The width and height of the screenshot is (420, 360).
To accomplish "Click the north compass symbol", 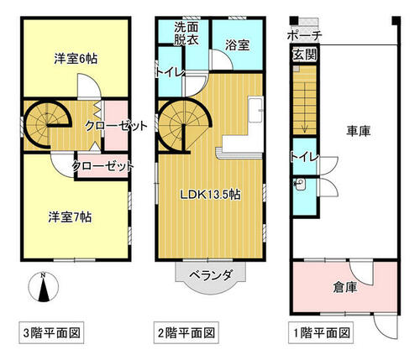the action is click(44, 287).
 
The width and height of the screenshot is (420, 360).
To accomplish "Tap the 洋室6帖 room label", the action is click(76, 59).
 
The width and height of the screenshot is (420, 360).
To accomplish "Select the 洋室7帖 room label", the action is click(70, 217).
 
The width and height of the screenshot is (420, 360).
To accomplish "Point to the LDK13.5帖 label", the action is click(210, 195).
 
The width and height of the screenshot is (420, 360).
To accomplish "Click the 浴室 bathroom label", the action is click(238, 45).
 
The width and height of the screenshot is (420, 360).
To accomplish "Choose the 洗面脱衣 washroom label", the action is click(186, 34).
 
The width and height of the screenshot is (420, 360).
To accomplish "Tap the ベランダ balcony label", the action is click(211, 276).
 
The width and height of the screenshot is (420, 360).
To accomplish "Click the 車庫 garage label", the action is click(359, 131).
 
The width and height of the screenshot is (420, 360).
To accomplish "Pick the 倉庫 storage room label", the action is click(345, 287).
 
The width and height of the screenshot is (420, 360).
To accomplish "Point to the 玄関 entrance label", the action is click(305, 55).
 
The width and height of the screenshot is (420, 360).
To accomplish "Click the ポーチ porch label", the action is click(305, 35).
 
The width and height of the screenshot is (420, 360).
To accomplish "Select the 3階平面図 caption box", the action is click(51, 333).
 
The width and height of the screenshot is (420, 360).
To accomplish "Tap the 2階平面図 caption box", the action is click(186, 333).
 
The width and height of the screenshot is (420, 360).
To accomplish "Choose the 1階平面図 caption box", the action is click(321, 333).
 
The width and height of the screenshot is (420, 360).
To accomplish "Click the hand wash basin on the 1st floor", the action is click(299, 185).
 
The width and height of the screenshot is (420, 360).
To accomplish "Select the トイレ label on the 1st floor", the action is click(305, 158).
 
